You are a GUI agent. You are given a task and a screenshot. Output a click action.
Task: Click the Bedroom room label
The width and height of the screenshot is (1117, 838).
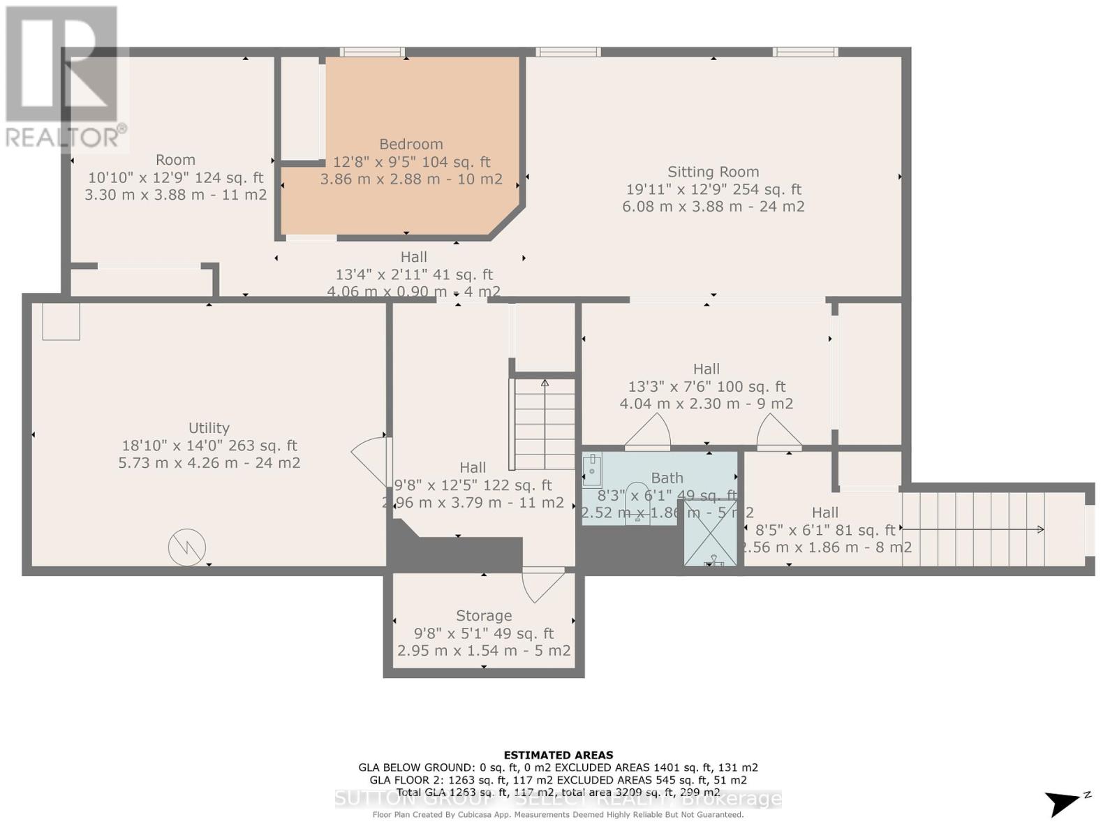click(410, 145)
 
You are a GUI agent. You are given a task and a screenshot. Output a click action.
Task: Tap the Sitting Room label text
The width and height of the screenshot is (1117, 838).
click(713, 172)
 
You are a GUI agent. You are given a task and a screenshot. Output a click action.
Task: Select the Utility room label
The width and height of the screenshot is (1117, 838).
click(209, 428)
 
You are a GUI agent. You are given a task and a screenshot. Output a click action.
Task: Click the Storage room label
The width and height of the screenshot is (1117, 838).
click(484, 616)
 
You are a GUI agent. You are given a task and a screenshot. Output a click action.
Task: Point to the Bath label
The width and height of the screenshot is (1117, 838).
click(667, 478)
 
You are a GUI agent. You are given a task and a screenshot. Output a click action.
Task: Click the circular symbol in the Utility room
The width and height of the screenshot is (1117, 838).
click(187, 547)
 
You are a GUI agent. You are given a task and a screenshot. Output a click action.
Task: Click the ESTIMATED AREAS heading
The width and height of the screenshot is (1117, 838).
click(558, 755)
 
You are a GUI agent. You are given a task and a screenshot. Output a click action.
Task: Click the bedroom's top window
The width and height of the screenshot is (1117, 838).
click(372, 52)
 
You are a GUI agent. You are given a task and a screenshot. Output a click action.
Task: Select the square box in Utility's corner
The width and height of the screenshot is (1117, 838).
click(61, 321)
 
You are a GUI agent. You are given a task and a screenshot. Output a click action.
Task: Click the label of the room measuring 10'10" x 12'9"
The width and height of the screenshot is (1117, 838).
click(175, 160)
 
